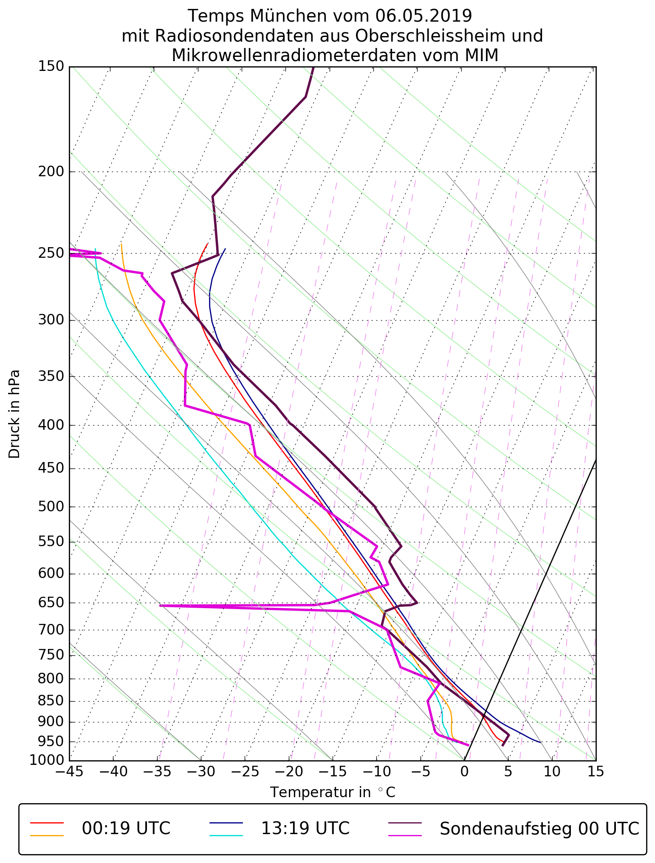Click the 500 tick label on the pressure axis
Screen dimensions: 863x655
(x=51, y=507)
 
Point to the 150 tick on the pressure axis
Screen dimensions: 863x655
(x=51, y=67)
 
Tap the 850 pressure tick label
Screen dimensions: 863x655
(x=51, y=701)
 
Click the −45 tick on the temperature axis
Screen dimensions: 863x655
(x=69, y=771)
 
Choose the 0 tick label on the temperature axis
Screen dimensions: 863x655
(x=464, y=771)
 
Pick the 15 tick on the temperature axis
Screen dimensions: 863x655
(x=596, y=771)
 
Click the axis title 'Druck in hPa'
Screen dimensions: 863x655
(x=14, y=414)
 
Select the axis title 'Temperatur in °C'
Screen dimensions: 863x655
(x=333, y=792)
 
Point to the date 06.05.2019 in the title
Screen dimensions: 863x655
(x=424, y=16)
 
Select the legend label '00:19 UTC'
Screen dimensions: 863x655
(x=126, y=829)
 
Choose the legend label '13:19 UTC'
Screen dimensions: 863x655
(x=305, y=829)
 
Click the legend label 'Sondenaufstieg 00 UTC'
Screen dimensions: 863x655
(x=539, y=829)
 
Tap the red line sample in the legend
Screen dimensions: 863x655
(x=47, y=823)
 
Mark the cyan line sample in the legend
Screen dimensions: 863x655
(x=226, y=835)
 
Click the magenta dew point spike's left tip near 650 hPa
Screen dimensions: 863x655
(x=160, y=606)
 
